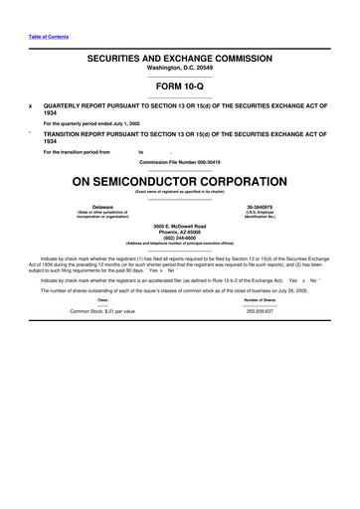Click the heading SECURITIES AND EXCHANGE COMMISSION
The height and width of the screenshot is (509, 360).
click(x=179, y=60)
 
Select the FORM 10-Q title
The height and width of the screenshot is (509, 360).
click(x=179, y=86)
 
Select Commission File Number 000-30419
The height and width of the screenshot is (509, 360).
click(x=179, y=160)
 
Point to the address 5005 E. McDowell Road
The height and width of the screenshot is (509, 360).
click(x=179, y=226)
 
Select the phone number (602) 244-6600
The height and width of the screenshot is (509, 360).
click(x=179, y=238)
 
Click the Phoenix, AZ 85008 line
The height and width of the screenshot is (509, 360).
click(x=179, y=232)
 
